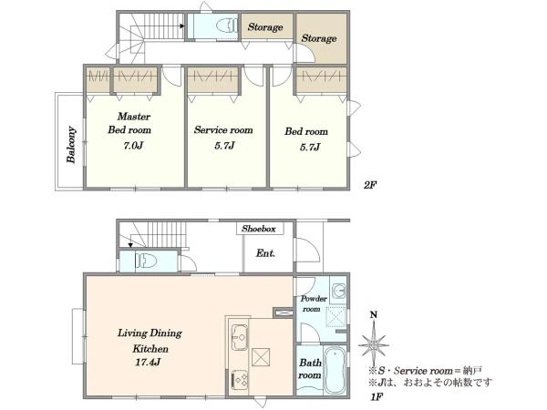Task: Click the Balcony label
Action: click(x=71, y=144)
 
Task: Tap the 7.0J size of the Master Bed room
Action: click(x=133, y=146)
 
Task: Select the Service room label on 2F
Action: click(x=223, y=130)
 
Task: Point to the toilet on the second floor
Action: click(x=226, y=26)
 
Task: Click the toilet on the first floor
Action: click(x=146, y=261)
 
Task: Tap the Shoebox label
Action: click(x=259, y=229)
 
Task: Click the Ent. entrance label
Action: click(x=265, y=253)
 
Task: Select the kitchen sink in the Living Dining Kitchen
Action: click(x=239, y=337)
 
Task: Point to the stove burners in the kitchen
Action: click(x=240, y=379)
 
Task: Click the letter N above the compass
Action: click(x=374, y=315)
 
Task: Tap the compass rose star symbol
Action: click(x=374, y=344)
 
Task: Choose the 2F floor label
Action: click(x=370, y=185)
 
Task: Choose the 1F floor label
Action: click(x=377, y=396)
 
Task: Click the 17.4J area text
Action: click(x=148, y=363)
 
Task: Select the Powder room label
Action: click(x=314, y=303)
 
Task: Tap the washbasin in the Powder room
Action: click(x=338, y=290)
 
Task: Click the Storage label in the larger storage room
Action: click(x=319, y=38)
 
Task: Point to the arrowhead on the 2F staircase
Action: click(x=182, y=26)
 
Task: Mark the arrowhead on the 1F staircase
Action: click(x=130, y=245)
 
